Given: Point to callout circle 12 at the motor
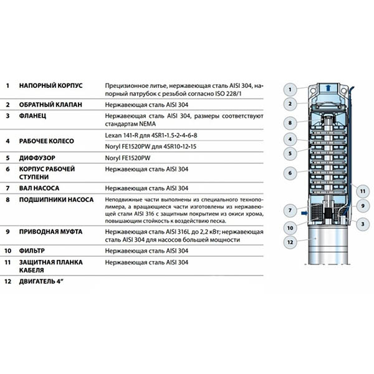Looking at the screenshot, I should point(290,241).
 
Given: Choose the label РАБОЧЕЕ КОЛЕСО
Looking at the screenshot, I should point(47,141).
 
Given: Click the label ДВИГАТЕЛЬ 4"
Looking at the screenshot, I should point(44,282).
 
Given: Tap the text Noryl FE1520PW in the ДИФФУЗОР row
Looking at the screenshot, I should point(127,158).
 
